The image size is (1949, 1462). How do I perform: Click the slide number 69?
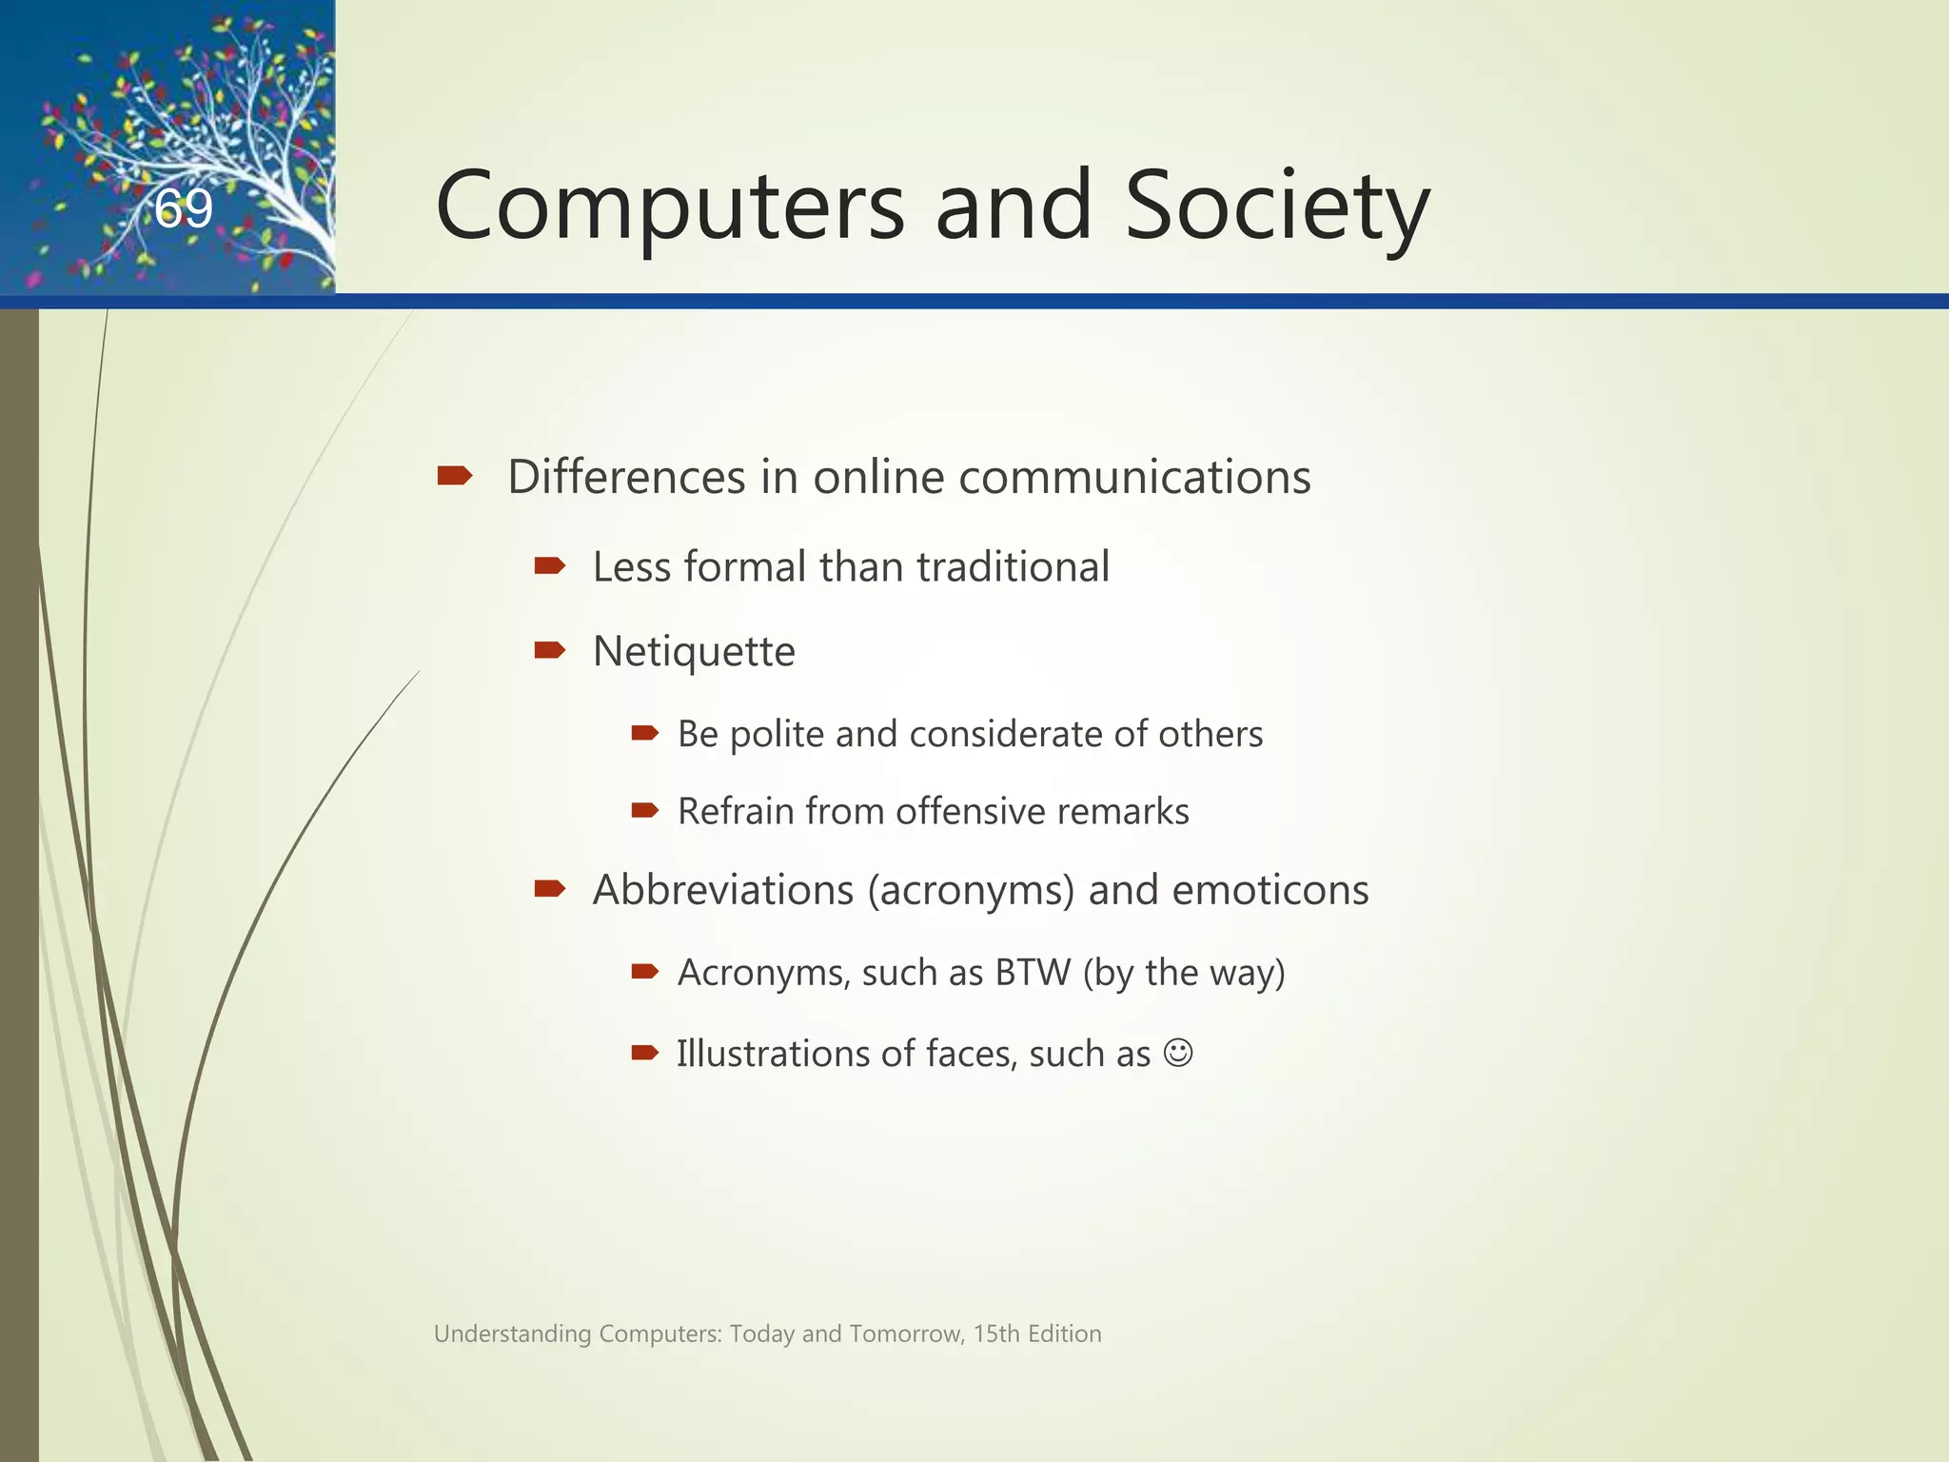tap(184, 208)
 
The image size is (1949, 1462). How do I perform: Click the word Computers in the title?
tap(670, 207)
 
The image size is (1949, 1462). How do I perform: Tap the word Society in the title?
tap(1277, 207)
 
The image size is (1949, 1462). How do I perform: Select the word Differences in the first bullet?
tap(626, 477)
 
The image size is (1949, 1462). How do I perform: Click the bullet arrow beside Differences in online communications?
tap(455, 475)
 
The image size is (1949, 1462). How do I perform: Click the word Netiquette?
tap(694, 652)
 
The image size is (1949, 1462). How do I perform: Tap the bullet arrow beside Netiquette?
tap(550, 651)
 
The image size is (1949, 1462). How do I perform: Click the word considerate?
tap(1006, 735)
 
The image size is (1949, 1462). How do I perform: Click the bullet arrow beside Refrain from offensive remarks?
tap(645, 811)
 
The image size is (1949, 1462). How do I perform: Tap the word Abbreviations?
tap(723, 891)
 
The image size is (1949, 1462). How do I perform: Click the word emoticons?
tap(1270, 891)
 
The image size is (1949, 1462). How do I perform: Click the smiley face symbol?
tap(1178, 1054)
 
